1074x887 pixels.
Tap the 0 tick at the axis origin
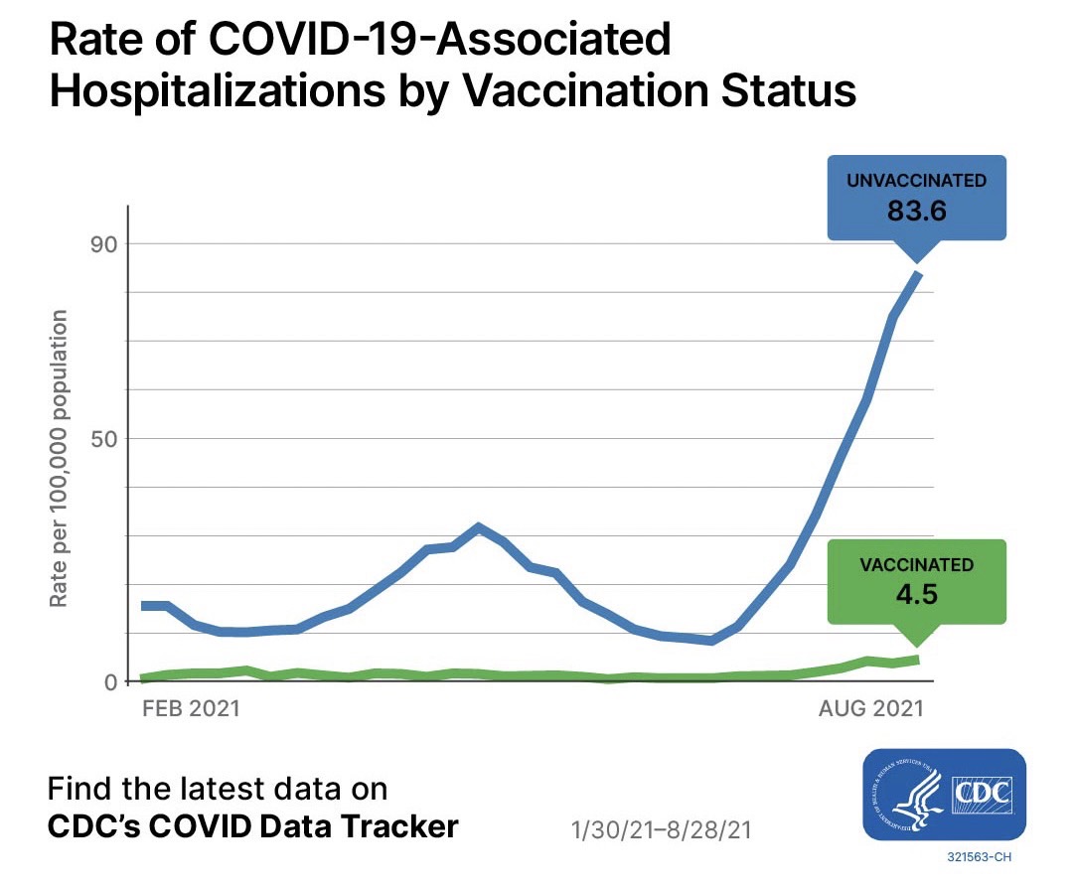[x=110, y=682]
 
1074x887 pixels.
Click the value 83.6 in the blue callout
[x=916, y=212]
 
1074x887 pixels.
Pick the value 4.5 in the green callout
[x=916, y=593]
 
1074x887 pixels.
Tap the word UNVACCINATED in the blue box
[x=916, y=181]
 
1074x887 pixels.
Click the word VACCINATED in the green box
[x=916, y=565]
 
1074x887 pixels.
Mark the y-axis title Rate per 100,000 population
[x=60, y=459]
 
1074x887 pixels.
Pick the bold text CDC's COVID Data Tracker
[x=253, y=826]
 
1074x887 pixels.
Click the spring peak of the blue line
[x=479, y=527]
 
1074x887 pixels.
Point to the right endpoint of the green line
[x=918, y=660]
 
